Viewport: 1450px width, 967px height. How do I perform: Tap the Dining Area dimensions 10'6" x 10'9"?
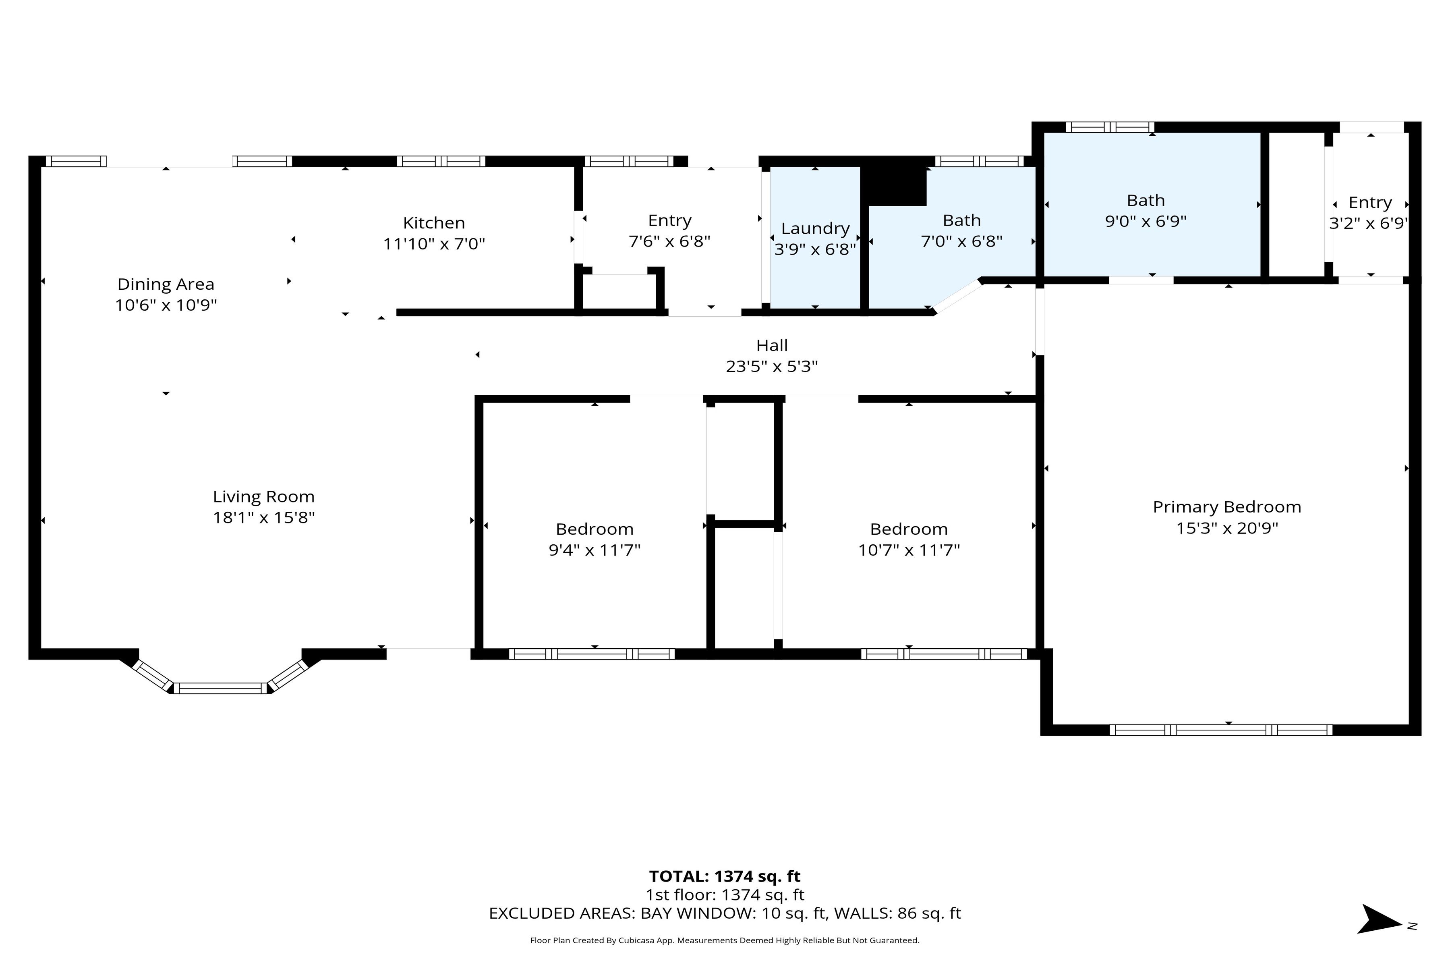[166, 305]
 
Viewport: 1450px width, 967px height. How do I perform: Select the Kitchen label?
[434, 223]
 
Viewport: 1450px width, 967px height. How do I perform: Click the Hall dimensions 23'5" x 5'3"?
[772, 366]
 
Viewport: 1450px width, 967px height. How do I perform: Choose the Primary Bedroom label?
[1227, 507]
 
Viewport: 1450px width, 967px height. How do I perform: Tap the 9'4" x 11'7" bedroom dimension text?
[594, 550]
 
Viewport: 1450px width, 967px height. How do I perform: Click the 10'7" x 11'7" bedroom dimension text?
[909, 550]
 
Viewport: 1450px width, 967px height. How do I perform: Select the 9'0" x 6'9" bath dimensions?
[1145, 221]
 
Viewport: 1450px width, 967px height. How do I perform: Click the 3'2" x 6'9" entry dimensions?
[1369, 223]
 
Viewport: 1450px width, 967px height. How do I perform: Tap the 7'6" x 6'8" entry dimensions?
[669, 241]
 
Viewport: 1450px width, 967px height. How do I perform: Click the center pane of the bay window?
[220, 688]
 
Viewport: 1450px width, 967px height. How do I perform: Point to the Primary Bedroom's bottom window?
[1221, 730]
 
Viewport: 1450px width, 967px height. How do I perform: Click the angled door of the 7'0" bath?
[957, 297]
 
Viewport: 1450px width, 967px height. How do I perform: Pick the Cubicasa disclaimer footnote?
[724, 940]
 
